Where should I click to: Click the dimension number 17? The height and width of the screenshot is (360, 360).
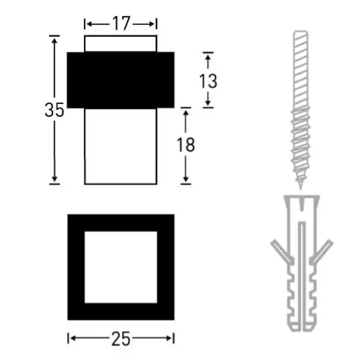coord(121,23)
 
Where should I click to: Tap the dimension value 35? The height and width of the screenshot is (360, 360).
coord(54,110)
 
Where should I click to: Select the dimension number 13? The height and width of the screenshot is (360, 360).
coord(208,81)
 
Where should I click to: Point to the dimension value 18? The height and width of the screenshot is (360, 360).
coord(186,145)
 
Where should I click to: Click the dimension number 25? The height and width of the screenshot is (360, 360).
coord(121,339)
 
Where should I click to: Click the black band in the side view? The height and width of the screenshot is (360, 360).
coord(121,80)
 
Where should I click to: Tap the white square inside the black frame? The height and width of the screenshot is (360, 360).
coord(121,267)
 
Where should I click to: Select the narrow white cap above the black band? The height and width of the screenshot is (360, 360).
coord(121,44)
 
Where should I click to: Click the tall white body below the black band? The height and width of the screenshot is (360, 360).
coord(121,146)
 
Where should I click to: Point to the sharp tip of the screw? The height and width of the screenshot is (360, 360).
coord(301,189)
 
